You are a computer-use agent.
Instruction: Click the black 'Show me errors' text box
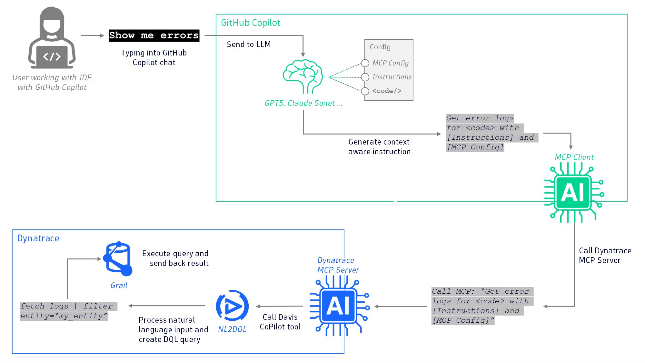154,35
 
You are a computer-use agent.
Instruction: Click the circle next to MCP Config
365,63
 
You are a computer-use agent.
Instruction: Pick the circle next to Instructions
365,77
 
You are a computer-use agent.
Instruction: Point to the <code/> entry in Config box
387,91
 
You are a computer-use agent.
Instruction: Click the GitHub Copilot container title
250,23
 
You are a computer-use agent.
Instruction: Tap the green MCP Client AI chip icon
574,193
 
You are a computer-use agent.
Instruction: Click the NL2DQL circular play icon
232,306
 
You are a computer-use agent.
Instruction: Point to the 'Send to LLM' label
249,45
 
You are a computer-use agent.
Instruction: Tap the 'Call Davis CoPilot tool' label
280,322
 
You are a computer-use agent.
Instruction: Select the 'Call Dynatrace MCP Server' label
605,255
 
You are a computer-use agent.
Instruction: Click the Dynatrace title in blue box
38,238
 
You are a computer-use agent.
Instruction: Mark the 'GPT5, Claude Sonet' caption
303,103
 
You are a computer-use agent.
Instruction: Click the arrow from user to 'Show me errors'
92,35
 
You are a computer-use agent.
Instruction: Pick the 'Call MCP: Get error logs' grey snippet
482,306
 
